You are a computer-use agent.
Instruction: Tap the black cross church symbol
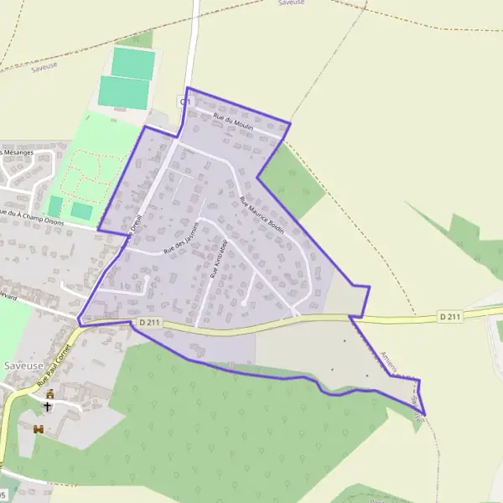click(x=48, y=407)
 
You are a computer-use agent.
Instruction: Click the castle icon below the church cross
click(x=38, y=428)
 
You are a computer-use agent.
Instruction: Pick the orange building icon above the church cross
click(x=50, y=393)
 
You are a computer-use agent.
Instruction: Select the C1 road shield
click(x=185, y=101)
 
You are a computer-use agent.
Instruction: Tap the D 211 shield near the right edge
click(x=450, y=316)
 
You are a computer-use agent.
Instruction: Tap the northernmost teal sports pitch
click(x=132, y=62)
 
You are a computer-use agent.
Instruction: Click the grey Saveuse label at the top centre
click(x=292, y=3)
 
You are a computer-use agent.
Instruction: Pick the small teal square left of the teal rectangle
click(x=55, y=206)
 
